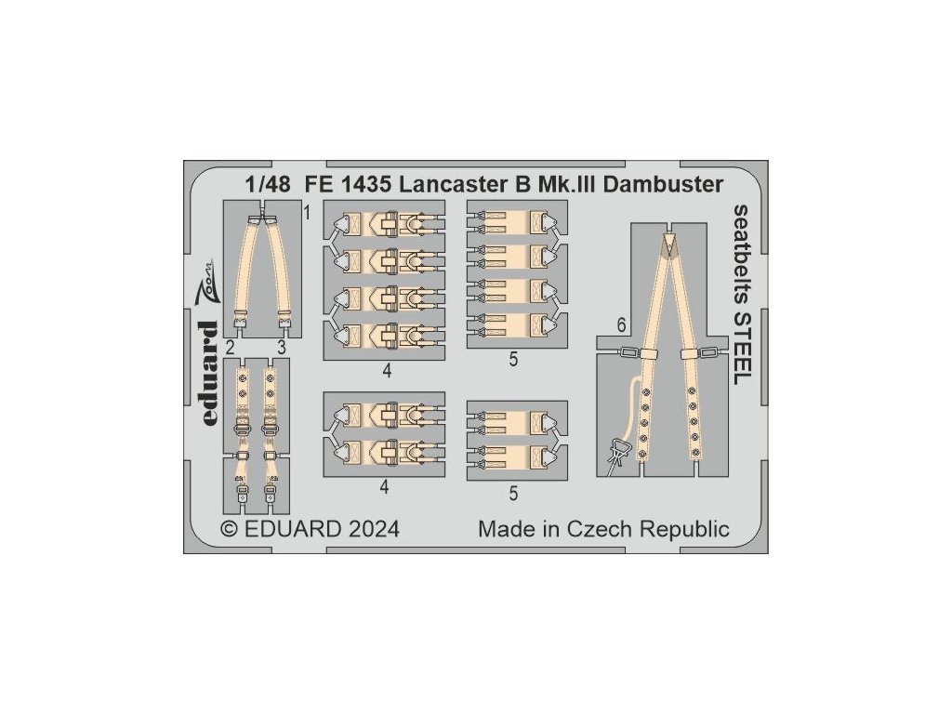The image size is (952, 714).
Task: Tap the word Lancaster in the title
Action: tap(441, 183)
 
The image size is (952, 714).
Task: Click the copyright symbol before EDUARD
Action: tap(229, 530)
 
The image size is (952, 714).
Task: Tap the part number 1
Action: tap(307, 213)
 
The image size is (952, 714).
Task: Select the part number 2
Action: tap(229, 348)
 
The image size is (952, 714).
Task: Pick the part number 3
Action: tap(280, 348)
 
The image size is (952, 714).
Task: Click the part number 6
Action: tap(618, 326)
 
